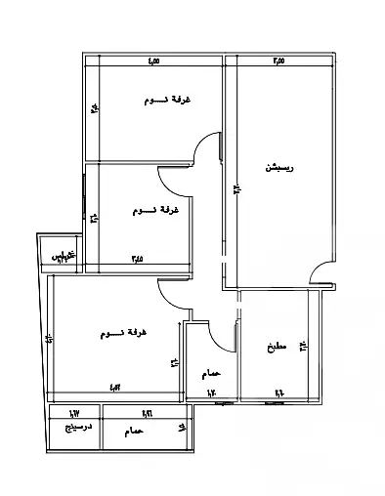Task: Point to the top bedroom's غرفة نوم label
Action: click(167, 101)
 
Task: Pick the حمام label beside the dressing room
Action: click(133, 430)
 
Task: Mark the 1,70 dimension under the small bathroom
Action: click(208, 394)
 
